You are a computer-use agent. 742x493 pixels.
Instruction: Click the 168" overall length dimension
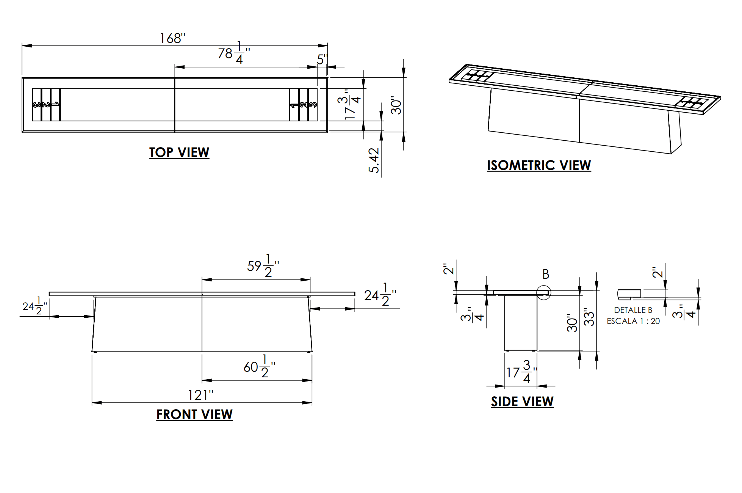click(x=172, y=38)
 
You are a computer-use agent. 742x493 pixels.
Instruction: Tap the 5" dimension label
click(x=322, y=60)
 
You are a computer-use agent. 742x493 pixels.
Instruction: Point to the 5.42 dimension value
click(x=374, y=160)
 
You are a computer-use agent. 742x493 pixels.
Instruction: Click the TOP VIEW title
click(x=179, y=152)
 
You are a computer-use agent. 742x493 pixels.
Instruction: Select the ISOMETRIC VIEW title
click(x=538, y=165)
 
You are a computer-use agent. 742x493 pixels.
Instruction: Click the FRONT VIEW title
click(x=194, y=414)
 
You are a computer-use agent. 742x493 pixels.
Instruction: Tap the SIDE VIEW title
click(x=522, y=402)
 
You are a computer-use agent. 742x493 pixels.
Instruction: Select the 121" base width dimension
click(x=200, y=395)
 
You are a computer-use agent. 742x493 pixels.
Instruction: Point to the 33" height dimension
click(x=589, y=317)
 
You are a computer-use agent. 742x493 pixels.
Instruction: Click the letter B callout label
click(x=546, y=274)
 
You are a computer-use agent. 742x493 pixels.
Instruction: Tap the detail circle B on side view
click(x=544, y=292)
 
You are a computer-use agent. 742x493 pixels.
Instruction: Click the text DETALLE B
click(x=633, y=310)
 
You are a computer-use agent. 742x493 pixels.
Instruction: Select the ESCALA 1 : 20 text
click(x=633, y=321)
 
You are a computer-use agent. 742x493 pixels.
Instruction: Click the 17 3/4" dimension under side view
click(x=521, y=372)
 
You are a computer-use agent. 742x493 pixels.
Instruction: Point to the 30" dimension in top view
click(x=396, y=105)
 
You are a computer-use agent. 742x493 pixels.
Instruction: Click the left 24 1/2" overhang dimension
click(x=34, y=306)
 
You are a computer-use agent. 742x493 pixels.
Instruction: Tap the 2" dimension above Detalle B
click(x=657, y=272)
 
